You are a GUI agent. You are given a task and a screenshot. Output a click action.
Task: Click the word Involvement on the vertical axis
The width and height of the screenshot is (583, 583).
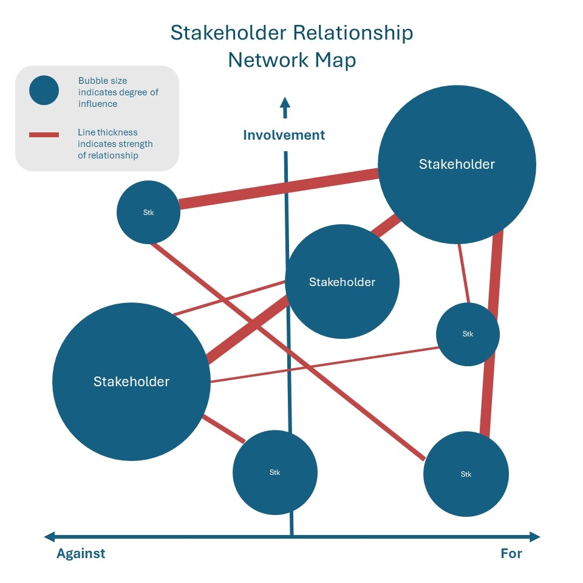(284, 135)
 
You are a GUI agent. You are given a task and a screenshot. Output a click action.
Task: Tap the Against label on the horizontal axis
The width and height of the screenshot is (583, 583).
(81, 553)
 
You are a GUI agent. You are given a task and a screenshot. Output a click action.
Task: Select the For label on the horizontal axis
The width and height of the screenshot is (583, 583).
(511, 553)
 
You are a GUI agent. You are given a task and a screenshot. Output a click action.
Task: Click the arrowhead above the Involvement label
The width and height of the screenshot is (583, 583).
(284, 104)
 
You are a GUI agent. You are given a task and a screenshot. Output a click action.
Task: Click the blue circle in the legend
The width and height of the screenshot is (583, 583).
(44, 91)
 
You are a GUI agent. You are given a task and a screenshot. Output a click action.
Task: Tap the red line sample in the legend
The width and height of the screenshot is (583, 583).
(44, 134)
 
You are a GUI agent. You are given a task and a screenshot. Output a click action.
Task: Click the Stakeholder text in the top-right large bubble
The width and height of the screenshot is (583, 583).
(457, 164)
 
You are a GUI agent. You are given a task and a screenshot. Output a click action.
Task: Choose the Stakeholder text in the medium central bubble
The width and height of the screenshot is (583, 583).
(342, 282)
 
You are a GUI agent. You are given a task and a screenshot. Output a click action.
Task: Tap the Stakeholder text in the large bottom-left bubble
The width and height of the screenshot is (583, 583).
(131, 381)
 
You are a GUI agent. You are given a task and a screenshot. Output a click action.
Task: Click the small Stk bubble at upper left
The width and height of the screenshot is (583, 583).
(148, 213)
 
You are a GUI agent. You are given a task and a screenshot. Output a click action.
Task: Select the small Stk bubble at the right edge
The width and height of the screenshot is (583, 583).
(468, 334)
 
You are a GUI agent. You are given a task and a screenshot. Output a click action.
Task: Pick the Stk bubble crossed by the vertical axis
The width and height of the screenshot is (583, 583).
(274, 472)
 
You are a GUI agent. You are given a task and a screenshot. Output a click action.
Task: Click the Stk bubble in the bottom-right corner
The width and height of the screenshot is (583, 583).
(466, 474)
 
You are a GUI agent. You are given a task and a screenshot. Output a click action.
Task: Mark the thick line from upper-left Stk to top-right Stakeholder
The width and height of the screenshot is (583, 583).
(279, 189)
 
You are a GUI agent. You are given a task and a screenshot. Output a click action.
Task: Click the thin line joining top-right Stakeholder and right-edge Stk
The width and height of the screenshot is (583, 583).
(463, 273)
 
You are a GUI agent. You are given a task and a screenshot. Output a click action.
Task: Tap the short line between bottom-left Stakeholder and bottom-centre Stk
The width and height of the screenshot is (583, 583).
(223, 429)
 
